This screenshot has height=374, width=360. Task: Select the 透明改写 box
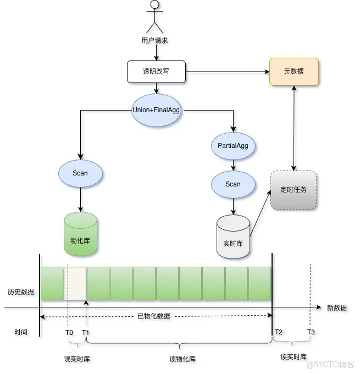click(156, 71)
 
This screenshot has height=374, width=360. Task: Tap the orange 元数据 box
click(294, 71)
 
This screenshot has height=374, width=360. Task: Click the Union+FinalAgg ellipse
click(156, 109)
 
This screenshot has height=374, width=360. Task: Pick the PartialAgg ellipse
click(233, 146)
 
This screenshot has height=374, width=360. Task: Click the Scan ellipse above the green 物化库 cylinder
click(80, 173)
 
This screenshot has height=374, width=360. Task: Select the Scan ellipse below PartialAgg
click(233, 184)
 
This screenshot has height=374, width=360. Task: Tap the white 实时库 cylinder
click(233, 237)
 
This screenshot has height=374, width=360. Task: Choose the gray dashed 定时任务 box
click(294, 190)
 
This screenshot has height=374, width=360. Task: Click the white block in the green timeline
click(75, 283)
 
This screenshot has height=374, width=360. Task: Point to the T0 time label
click(69, 332)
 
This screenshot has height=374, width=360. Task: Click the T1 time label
click(86, 332)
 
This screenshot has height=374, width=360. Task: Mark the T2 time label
click(279, 332)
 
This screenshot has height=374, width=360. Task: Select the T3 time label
click(311, 332)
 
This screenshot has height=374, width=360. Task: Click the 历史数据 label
click(21, 291)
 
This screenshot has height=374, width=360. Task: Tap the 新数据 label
click(336, 308)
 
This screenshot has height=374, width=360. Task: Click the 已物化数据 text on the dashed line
click(153, 316)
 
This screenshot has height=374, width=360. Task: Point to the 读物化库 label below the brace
click(182, 359)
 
